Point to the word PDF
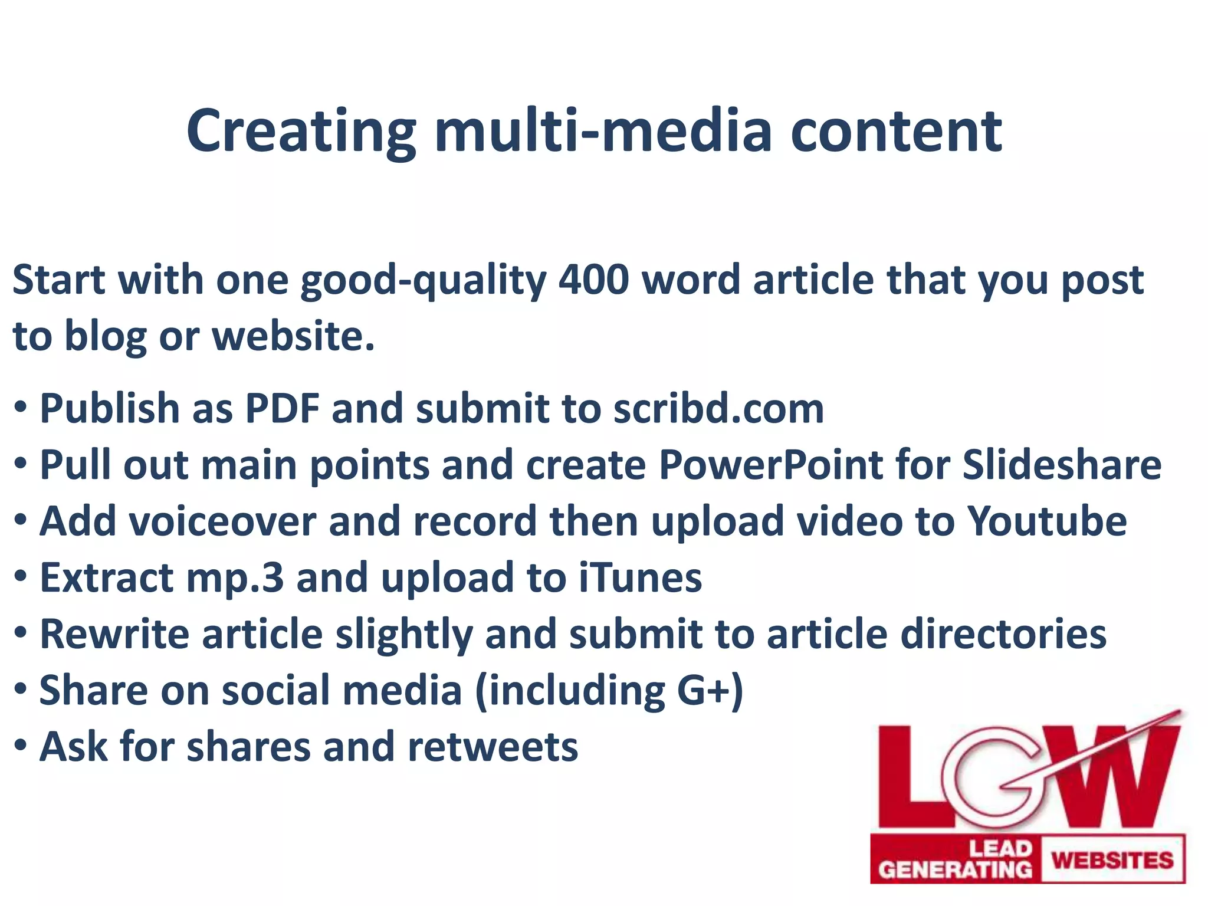tap(282, 408)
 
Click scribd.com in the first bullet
tap(718, 408)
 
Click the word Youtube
tap(1047, 521)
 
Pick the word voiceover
tap(178, 521)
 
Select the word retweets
tap(493, 747)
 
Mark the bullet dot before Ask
tap(20, 746)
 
